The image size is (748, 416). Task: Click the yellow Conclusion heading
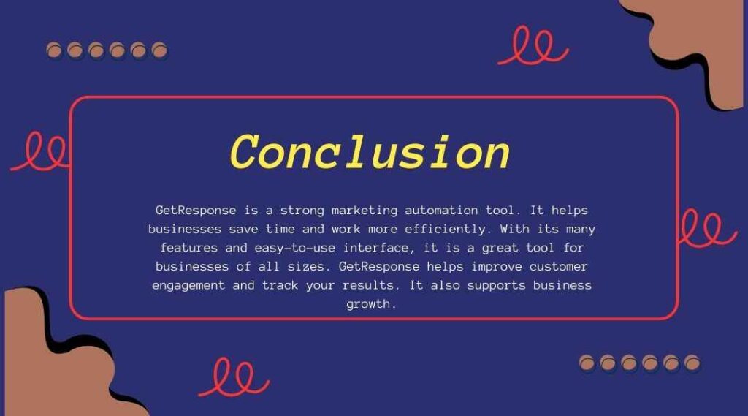pos(370,152)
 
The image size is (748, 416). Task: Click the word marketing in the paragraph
pos(365,211)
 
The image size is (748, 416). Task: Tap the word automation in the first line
pos(441,210)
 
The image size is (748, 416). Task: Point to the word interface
pos(376,248)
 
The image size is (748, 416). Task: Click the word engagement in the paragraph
pos(188,286)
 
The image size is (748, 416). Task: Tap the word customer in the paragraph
pos(558,267)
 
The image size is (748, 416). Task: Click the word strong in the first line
pos(302,211)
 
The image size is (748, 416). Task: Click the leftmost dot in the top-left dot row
pos(54,50)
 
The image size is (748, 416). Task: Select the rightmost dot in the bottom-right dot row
pos(692,363)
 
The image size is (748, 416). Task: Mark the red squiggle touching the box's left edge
pos(41,153)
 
